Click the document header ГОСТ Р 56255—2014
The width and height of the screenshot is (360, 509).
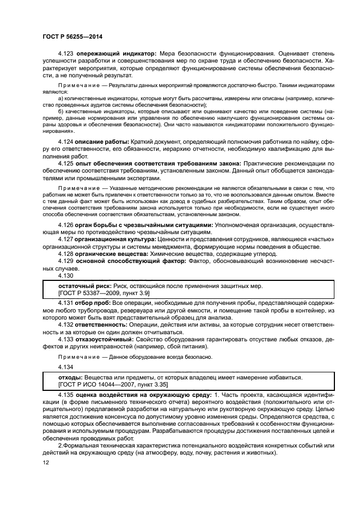[72, 37]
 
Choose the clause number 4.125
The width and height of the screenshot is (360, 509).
[66, 179]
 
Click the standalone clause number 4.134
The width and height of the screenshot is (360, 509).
[66, 366]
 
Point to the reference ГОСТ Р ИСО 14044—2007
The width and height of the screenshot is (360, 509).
[99, 384]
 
